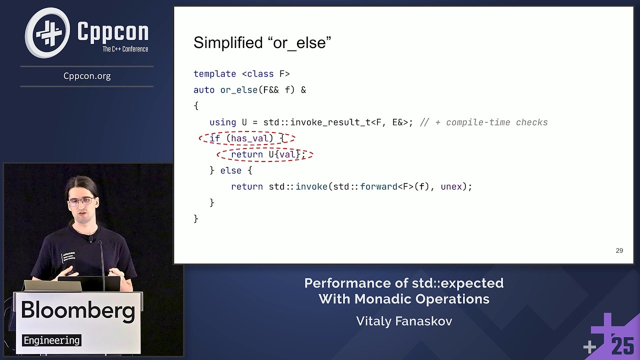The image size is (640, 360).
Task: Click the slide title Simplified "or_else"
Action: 262,43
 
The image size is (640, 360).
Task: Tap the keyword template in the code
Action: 214,74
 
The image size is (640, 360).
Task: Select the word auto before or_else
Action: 203,90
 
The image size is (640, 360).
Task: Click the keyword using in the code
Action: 222,122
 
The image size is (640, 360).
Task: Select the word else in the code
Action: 230,170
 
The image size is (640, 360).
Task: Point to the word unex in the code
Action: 451,186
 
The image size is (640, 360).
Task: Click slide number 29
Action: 619,250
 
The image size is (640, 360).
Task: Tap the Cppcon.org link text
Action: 87,76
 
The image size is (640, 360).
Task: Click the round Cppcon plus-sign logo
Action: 48,33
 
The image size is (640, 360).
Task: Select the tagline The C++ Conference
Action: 125,49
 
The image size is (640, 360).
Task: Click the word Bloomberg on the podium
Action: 78,310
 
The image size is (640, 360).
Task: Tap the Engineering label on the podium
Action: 51,340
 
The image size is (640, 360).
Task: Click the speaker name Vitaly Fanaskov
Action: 404,321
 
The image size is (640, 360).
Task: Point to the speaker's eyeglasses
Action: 81,201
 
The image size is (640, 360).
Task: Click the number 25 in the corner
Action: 622,346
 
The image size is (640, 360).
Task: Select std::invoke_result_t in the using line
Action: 317,122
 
